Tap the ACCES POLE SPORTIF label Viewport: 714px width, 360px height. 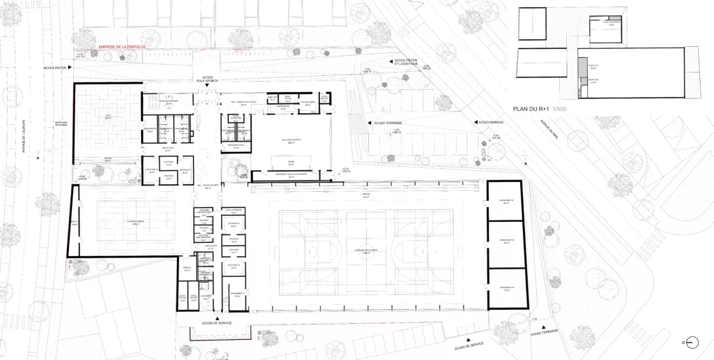point(207,79)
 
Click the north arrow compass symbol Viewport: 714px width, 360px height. point(692,342)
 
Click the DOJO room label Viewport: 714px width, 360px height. point(108,116)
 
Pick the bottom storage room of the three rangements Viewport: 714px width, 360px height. point(506,288)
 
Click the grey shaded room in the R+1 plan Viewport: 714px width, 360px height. point(582,68)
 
